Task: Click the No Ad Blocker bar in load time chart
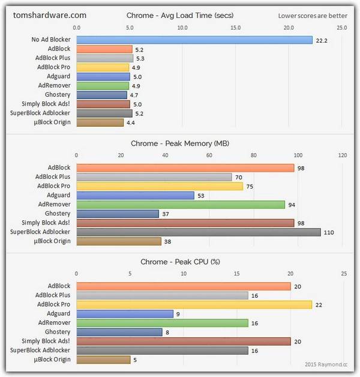click(195, 40)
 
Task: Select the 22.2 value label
click(322, 40)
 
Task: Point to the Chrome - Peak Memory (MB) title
click(180, 143)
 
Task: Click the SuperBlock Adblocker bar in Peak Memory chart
click(199, 232)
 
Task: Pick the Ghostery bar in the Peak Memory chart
click(118, 214)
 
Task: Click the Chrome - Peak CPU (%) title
click(180, 262)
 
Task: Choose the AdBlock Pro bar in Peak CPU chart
click(194, 304)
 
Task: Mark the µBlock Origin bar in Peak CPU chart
click(103, 360)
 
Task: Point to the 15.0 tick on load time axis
click(235, 28)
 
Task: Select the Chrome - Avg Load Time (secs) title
click(180, 15)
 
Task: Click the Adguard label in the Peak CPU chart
click(58, 313)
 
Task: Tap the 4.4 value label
click(130, 122)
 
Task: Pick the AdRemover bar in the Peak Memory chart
click(181, 205)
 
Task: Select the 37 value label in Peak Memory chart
click(165, 214)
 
